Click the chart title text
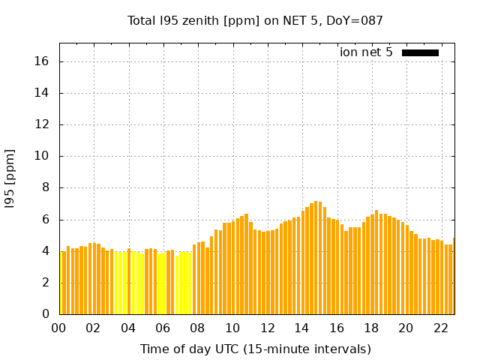pyautogui.click(x=255, y=20)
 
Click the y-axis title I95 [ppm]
pyautogui.click(x=10, y=178)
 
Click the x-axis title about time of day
pyautogui.click(x=255, y=349)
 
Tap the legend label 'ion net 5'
pyautogui.click(x=366, y=52)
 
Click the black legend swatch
pyautogui.click(x=420, y=52)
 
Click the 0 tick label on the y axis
pyautogui.click(x=47, y=314)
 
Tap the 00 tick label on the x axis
pyautogui.click(x=58, y=328)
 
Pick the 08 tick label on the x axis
pyautogui.click(x=197, y=328)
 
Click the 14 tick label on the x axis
pyautogui.click(x=301, y=328)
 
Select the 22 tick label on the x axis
pyautogui.click(x=440, y=328)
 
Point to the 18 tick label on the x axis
pyautogui.click(x=371, y=328)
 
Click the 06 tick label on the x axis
pyautogui.click(x=163, y=328)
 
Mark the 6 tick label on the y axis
pyautogui.click(x=47, y=220)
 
